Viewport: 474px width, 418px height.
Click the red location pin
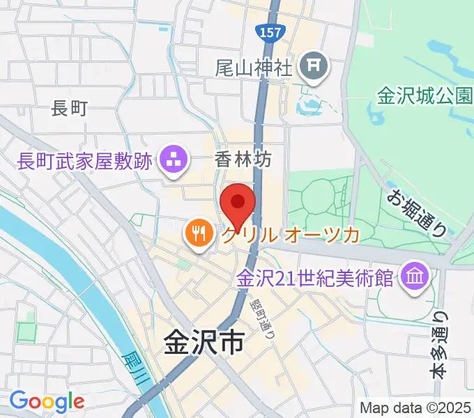tap(237, 205)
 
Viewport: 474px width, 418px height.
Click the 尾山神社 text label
tap(253, 68)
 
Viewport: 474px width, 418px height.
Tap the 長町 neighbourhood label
tap(70, 108)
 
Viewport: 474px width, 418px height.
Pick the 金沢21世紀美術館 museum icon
tap(414, 277)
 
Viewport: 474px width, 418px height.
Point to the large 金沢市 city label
tap(204, 341)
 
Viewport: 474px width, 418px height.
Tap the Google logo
tap(47, 402)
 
